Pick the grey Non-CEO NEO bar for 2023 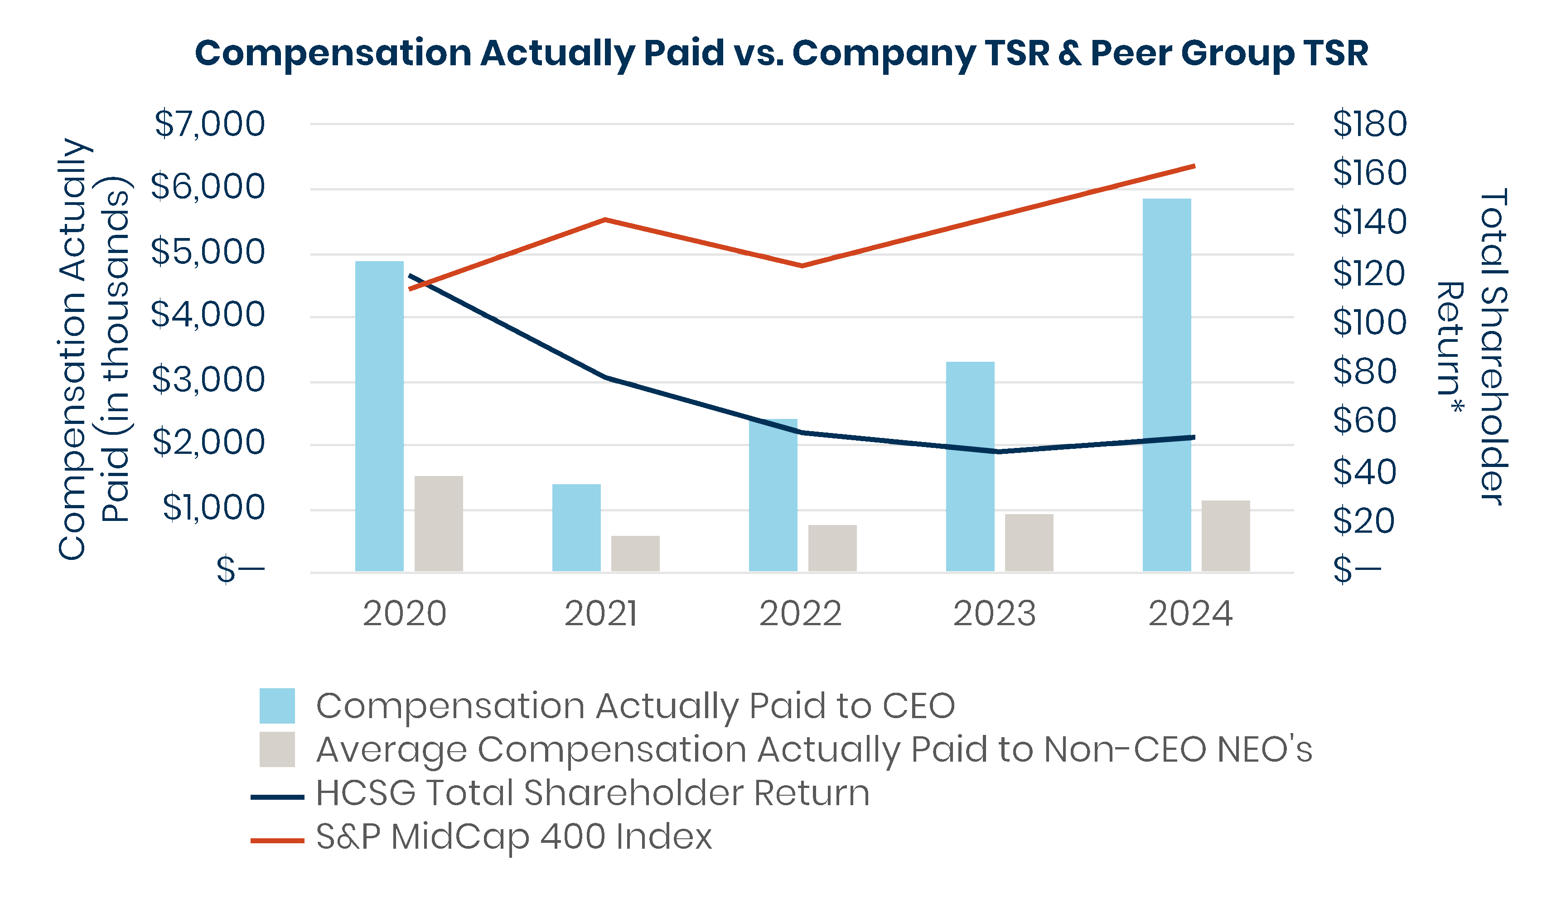[x=1029, y=542]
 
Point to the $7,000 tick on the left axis [x=209, y=124]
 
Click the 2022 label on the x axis [x=800, y=614]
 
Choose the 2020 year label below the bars [x=405, y=614]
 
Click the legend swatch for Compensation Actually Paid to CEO [x=277, y=706]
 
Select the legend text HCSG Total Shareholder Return [x=592, y=793]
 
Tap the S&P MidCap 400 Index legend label [x=514, y=836]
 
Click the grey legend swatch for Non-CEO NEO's [x=277, y=749]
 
